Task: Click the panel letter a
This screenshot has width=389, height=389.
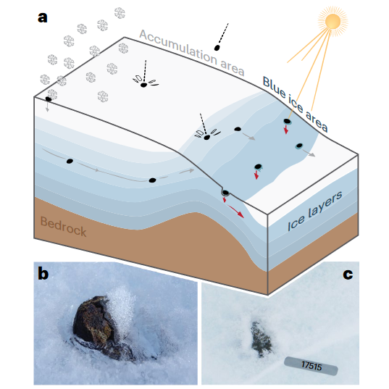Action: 43,18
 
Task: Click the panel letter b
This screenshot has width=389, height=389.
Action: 43,274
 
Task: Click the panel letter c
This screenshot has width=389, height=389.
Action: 348,274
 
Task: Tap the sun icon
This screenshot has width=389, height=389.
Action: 332,21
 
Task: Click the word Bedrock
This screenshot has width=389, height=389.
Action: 63,227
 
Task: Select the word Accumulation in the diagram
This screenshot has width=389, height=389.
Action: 178,46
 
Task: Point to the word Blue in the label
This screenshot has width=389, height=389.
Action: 274,86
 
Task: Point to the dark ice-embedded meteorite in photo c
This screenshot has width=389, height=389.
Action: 261,339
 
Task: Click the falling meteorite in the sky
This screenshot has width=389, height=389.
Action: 217,48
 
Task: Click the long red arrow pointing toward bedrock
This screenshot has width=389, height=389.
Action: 236,212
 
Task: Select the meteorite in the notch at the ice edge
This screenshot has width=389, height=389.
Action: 225,193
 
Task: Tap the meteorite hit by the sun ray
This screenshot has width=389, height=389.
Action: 287,121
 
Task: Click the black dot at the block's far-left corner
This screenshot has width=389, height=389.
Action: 48,99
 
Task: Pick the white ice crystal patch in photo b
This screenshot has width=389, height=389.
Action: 122,306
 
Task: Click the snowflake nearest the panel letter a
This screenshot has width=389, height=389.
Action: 52,59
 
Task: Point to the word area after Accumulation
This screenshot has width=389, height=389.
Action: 233,67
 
